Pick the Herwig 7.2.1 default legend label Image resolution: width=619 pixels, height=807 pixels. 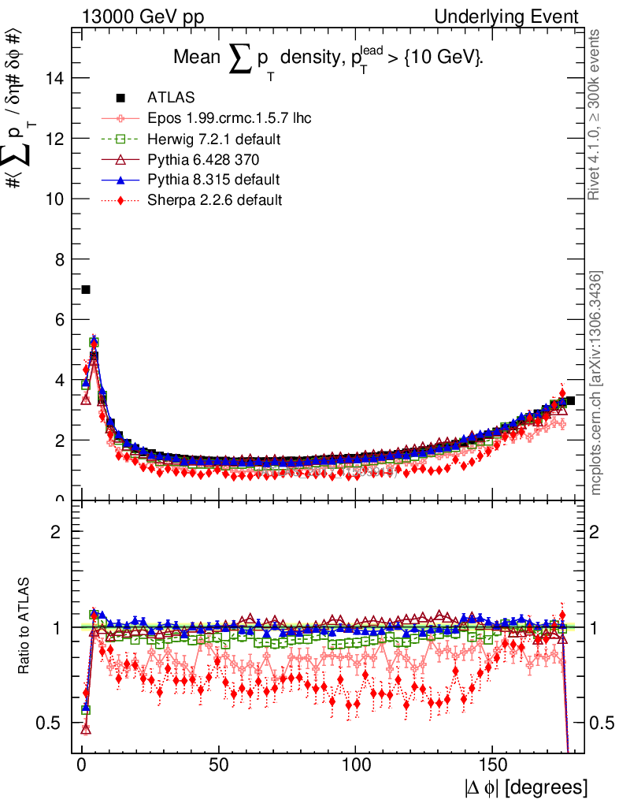213,139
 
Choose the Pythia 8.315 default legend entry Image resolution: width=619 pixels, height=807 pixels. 213,180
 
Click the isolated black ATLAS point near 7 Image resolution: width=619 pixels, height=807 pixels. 86,290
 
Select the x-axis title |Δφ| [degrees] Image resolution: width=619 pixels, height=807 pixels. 525,787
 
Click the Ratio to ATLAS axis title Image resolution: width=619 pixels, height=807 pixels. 25,627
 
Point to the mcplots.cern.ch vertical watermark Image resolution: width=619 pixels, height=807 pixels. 596,383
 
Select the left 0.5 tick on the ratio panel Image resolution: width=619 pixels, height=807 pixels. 52,723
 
